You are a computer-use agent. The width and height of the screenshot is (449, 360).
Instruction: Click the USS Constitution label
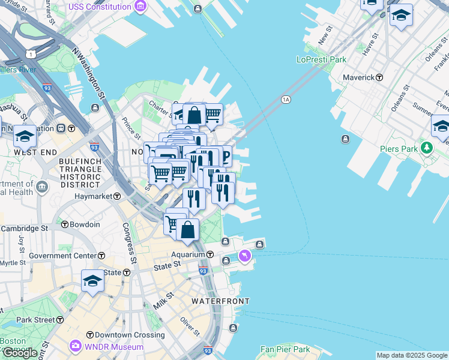(100, 7)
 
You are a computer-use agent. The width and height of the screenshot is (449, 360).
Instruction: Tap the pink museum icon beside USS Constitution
(140, 7)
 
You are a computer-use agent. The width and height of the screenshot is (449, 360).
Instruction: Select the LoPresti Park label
(321, 59)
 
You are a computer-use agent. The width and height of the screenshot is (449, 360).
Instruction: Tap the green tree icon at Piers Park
(427, 147)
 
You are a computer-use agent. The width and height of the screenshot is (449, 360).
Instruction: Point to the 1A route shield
(286, 100)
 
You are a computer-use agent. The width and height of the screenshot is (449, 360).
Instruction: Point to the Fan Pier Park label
(285, 349)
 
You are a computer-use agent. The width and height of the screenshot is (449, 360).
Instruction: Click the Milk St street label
(163, 300)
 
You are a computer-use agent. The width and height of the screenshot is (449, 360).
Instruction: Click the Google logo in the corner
(20, 353)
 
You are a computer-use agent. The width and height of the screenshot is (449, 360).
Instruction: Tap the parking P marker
(224, 157)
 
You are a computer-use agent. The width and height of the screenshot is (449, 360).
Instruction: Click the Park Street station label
(36, 320)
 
